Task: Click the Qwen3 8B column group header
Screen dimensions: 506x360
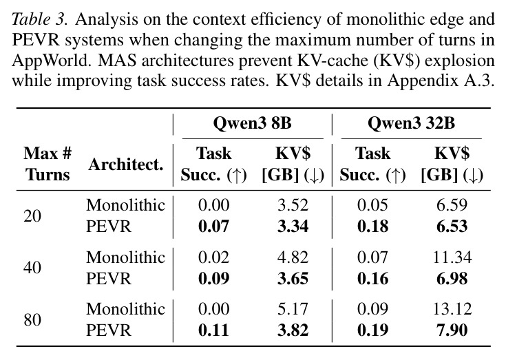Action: pyautogui.click(x=253, y=123)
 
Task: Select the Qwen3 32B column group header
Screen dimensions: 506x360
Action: pyautogui.click(x=411, y=123)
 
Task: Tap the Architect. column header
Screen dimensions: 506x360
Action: pyautogui.click(x=126, y=165)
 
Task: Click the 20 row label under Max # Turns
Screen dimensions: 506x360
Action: pyautogui.click(x=32, y=215)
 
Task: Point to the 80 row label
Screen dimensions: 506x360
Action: pyautogui.click(x=32, y=319)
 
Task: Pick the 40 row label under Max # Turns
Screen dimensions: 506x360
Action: pyautogui.click(x=32, y=268)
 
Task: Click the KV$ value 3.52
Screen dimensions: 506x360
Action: pyautogui.click(x=293, y=205)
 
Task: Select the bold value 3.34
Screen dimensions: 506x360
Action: pyautogui.click(x=293, y=226)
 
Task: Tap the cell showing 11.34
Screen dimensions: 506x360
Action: pyautogui.click(x=452, y=257)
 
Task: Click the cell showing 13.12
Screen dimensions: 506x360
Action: pyautogui.click(x=452, y=308)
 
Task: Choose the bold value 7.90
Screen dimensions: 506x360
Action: pyautogui.click(x=452, y=330)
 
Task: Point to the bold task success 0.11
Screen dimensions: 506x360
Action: pyautogui.click(x=213, y=330)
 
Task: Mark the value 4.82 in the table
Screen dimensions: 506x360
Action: pyautogui.click(x=293, y=257)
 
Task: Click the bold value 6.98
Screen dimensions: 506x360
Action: pyautogui.click(x=452, y=278)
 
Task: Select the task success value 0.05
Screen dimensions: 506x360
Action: pyautogui.click(x=372, y=205)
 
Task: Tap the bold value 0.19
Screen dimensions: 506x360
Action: pyautogui.click(x=372, y=330)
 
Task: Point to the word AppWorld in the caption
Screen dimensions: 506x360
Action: pyautogui.click(x=52, y=61)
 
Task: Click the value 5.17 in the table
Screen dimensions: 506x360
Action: pyautogui.click(x=293, y=308)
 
